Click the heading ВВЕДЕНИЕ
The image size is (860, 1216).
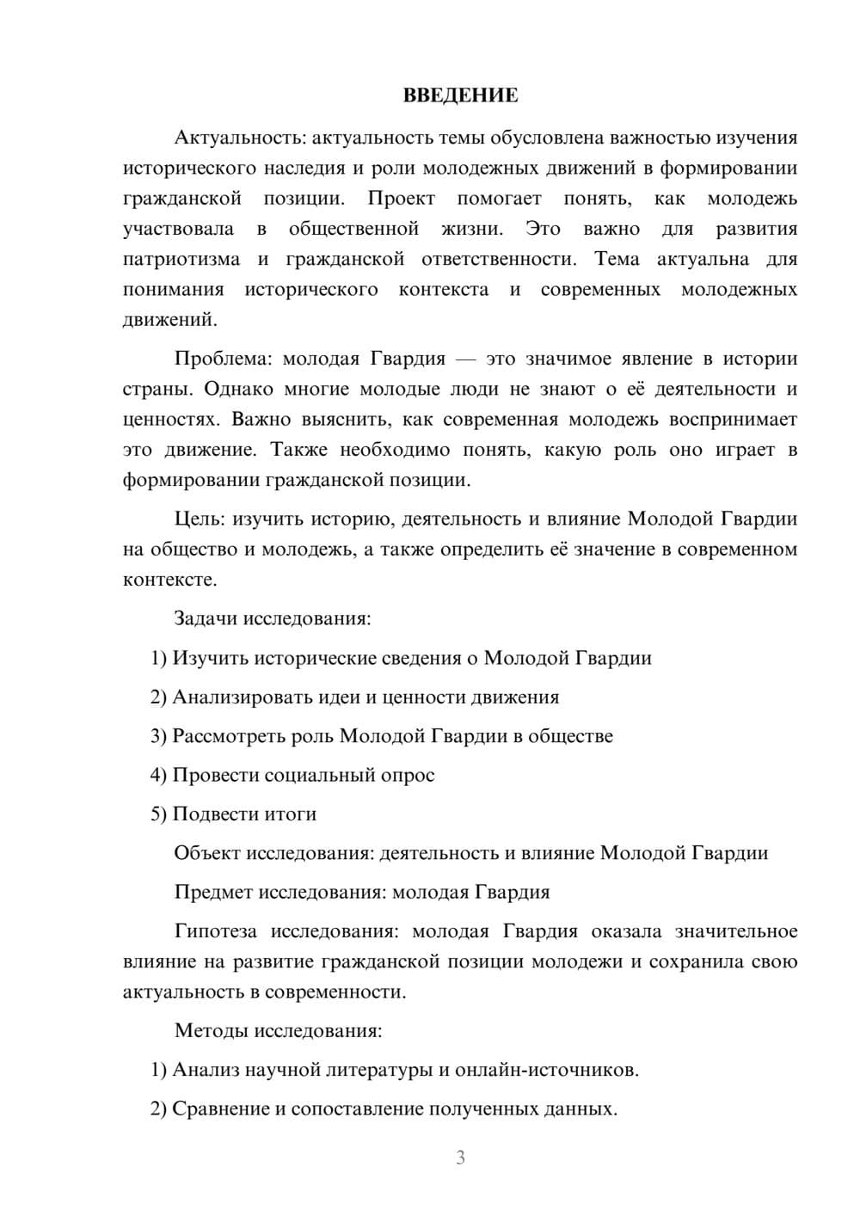(x=460, y=95)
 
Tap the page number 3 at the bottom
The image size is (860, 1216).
(x=460, y=1158)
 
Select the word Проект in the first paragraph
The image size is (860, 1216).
(x=401, y=199)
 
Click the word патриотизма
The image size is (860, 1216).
(x=181, y=259)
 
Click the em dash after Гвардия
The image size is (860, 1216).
(x=466, y=359)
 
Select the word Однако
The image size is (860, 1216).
(x=236, y=389)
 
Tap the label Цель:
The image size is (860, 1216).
(x=200, y=519)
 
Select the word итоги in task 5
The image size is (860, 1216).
(x=290, y=814)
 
